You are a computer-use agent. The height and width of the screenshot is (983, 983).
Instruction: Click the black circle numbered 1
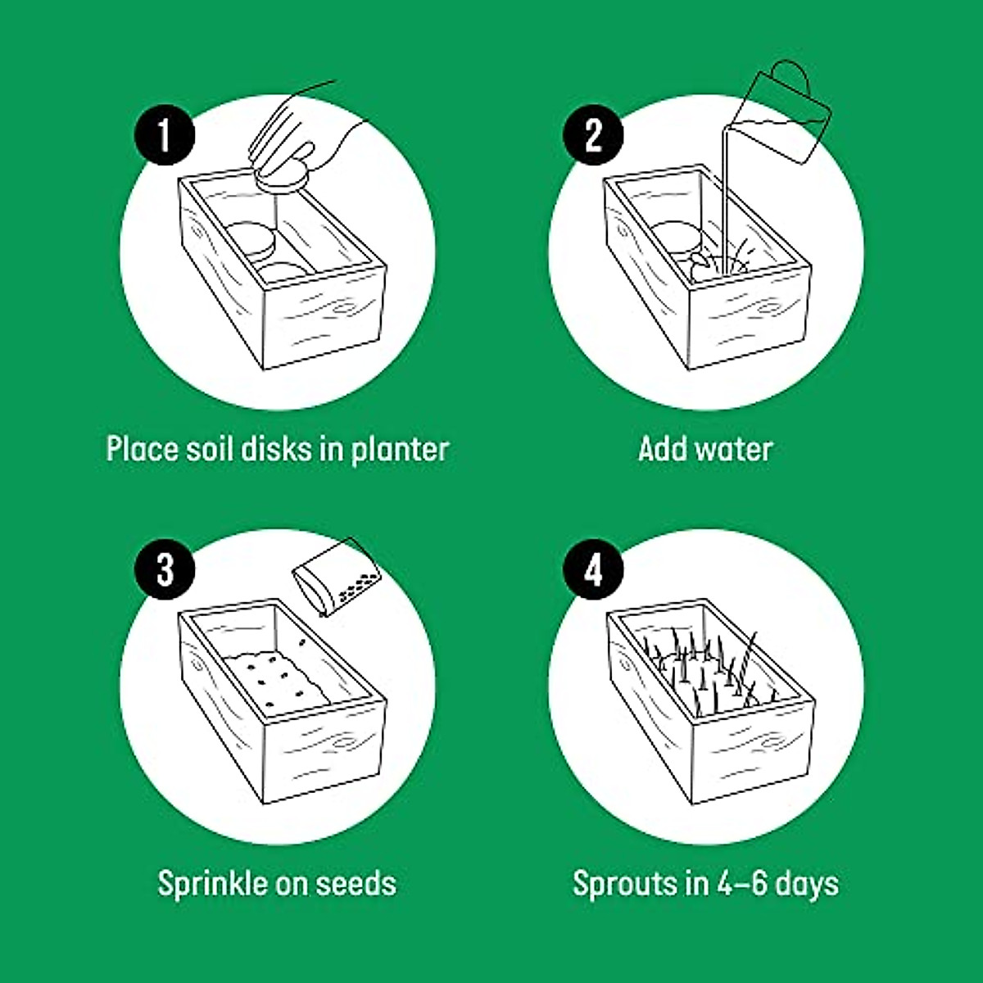[165, 135]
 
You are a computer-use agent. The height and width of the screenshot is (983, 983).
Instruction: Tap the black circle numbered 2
[593, 135]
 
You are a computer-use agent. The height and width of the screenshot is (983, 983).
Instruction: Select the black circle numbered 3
[165, 569]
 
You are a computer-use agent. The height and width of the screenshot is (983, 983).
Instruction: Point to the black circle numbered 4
[593, 569]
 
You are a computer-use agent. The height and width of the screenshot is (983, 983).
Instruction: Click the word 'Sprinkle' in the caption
[210, 884]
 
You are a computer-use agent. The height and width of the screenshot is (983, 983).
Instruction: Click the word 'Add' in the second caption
[659, 449]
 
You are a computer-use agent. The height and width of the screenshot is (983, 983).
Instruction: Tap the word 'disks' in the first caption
[278, 449]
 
